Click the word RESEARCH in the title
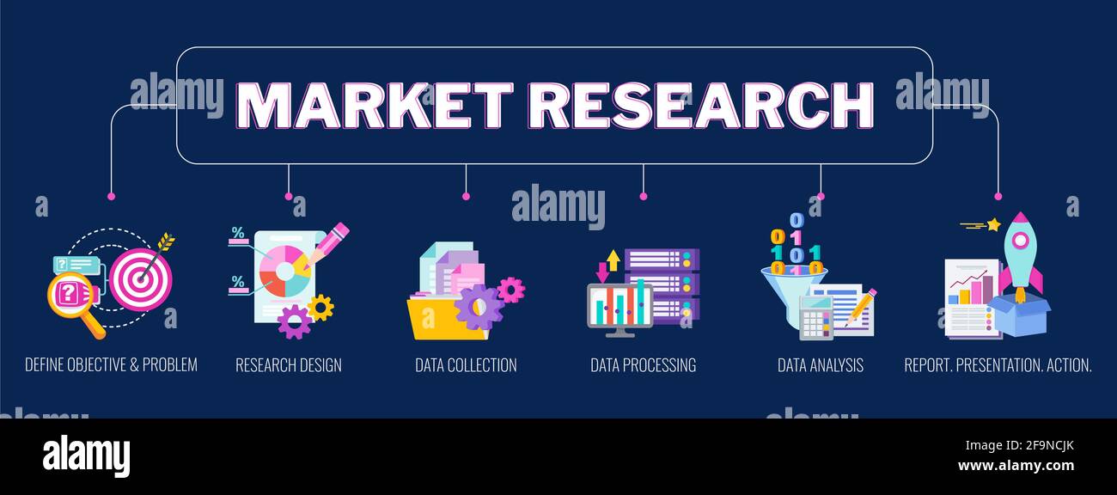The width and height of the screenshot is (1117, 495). (x=699, y=106)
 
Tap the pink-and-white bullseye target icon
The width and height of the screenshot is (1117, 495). (x=140, y=279)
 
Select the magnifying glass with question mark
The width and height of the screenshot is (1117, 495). (x=70, y=297)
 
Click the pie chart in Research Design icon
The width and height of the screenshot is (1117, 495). (x=284, y=269)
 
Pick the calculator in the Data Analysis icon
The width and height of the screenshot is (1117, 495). (x=815, y=318)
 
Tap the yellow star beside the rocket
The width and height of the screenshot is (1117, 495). (x=993, y=225)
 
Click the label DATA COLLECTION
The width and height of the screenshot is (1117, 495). (x=466, y=365)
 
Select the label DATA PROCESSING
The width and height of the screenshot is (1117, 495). (x=643, y=365)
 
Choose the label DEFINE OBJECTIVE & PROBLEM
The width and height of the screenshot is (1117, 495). (x=111, y=365)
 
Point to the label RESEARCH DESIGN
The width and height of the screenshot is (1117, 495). (x=289, y=365)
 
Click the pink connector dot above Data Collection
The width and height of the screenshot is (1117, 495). (x=466, y=197)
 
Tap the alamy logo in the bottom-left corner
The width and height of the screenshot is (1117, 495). (x=86, y=456)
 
